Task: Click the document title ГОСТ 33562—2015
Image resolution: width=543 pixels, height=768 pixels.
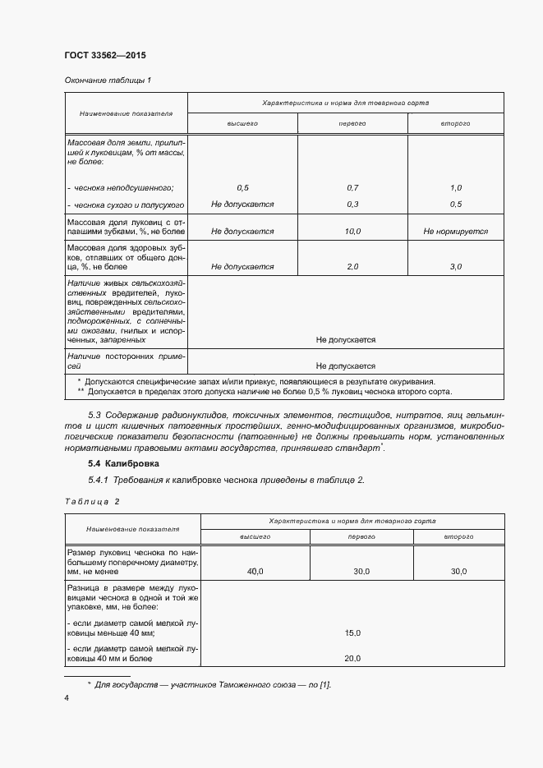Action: click(x=104, y=56)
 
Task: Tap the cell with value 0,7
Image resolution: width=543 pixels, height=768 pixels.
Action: click(x=352, y=188)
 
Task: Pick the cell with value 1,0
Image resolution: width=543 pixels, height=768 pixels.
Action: click(x=456, y=188)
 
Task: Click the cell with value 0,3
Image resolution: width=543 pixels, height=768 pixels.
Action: click(x=352, y=204)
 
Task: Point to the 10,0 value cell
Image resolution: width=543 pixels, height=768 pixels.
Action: click(x=352, y=232)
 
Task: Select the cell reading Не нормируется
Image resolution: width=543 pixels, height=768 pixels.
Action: click(x=456, y=232)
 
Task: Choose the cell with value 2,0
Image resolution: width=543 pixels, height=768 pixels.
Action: click(x=352, y=267)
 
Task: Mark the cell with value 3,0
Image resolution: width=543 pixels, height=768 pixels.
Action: click(x=456, y=267)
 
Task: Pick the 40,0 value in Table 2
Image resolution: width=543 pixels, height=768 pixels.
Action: click(x=255, y=571)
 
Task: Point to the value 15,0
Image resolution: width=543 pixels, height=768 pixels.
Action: click(x=352, y=632)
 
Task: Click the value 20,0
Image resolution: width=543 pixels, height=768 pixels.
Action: click(x=352, y=658)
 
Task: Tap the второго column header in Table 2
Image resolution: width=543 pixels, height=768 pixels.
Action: click(x=458, y=536)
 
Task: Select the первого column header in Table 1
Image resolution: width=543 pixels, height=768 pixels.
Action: click(x=352, y=123)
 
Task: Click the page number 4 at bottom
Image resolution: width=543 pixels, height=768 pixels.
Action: click(x=67, y=697)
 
